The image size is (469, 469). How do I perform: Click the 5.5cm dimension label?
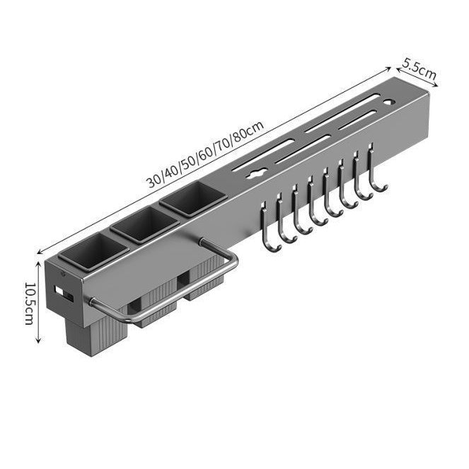coord(419,69)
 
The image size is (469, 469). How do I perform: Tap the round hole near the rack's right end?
coord(390,103)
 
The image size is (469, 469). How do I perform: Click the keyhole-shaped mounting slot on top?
coord(256,173)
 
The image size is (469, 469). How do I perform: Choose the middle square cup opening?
coord(145,224)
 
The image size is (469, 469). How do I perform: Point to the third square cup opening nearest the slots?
coord(193,199)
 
